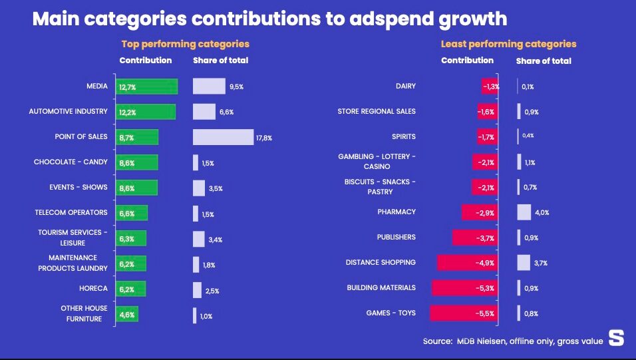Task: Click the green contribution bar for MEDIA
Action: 147,87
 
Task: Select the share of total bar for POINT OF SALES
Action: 223,137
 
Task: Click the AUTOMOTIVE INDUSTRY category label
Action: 68,112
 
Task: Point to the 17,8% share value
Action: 264,138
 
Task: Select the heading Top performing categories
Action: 185,44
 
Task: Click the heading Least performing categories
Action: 508,44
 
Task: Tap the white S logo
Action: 617,338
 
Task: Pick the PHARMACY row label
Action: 396,212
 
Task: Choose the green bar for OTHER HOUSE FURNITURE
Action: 127,314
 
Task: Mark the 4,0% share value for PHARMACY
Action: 542,213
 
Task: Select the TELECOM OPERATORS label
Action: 71,213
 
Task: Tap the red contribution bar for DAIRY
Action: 490,87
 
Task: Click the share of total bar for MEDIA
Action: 209,87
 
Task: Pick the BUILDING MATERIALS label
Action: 381,288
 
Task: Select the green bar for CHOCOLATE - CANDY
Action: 137,162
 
